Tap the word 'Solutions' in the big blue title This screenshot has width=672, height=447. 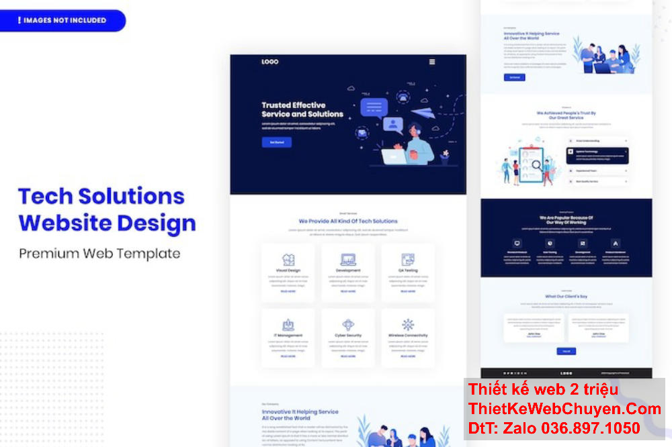(x=131, y=196)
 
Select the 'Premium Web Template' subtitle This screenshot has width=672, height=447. (x=99, y=253)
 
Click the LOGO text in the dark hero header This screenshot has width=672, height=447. (x=269, y=62)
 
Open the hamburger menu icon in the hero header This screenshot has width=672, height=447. (x=432, y=62)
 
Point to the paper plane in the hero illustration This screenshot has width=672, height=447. (x=420, y=115)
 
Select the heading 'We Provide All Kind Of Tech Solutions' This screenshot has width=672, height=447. (x=348, y=221)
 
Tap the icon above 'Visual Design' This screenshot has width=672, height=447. (x=288, y=259)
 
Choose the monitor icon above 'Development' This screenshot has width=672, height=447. (x=348, y=259)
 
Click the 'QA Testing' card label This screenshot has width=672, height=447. (x=408, y=270)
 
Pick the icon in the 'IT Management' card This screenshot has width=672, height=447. (x=288, y=325)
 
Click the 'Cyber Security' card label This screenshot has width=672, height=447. (x=348, y=335)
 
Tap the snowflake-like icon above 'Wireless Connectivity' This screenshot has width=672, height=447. (x=408, y=325)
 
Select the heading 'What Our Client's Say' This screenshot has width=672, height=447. (x=566, y=296)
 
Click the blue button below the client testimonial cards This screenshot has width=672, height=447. (x=566, y=351)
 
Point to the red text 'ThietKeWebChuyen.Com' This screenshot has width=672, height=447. (x=564, y=409)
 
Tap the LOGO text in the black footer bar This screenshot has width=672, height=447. (x=566, y=373)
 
